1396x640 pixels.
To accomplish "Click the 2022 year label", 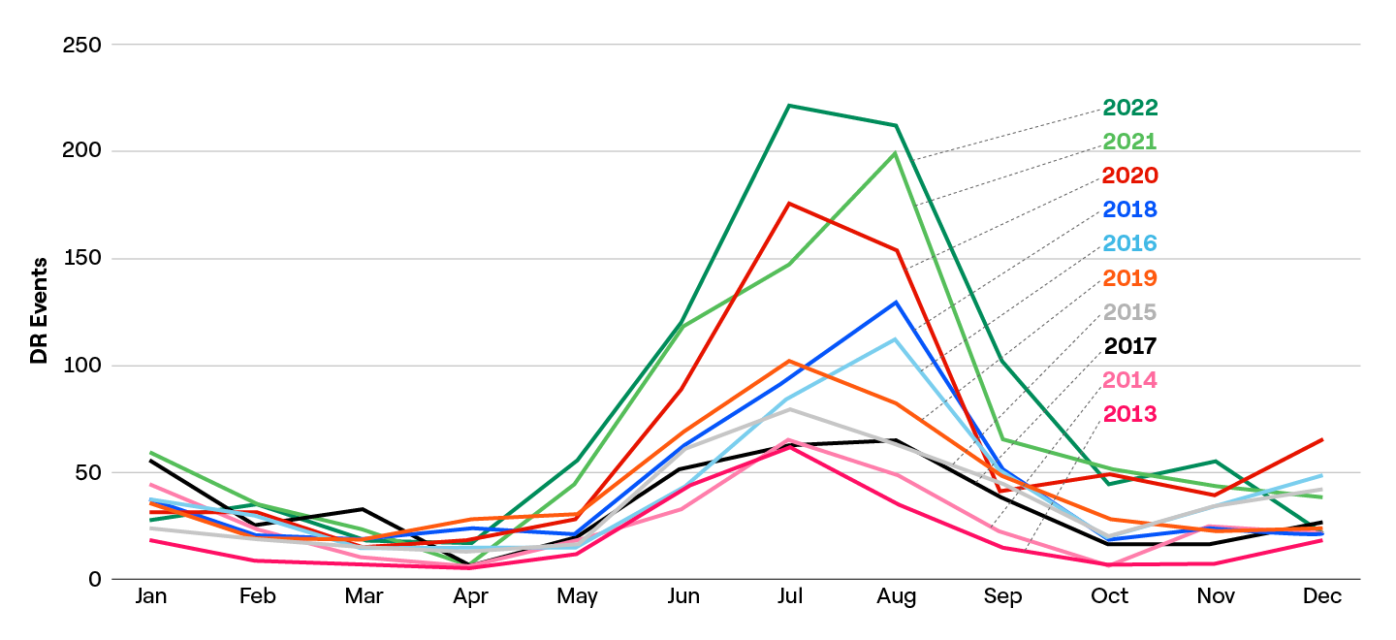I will click(1130, 108).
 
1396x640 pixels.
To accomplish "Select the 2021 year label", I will click(1130, 142).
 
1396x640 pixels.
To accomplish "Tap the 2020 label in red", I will click(1130, 176).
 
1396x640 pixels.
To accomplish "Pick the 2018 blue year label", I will click(1130, 209).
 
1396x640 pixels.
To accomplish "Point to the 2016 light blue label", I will click(1130, 243).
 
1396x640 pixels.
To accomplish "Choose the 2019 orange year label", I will click(1130, 278).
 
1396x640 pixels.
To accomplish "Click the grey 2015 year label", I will click(1130, 312).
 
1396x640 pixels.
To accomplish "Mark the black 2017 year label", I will click(1130, 346).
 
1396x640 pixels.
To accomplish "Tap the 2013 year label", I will click(1130, 414).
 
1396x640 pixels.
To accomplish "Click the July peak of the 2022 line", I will click(790, 106).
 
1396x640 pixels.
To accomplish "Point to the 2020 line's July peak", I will click(790, 204).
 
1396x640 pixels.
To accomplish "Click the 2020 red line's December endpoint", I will click(1322, 439).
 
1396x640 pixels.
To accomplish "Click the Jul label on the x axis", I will click(790, 596).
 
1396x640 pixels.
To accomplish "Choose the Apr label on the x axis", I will click(470, 596).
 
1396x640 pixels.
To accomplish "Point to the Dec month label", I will click(1322, 596).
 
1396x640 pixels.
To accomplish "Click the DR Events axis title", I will click(39, 310).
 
